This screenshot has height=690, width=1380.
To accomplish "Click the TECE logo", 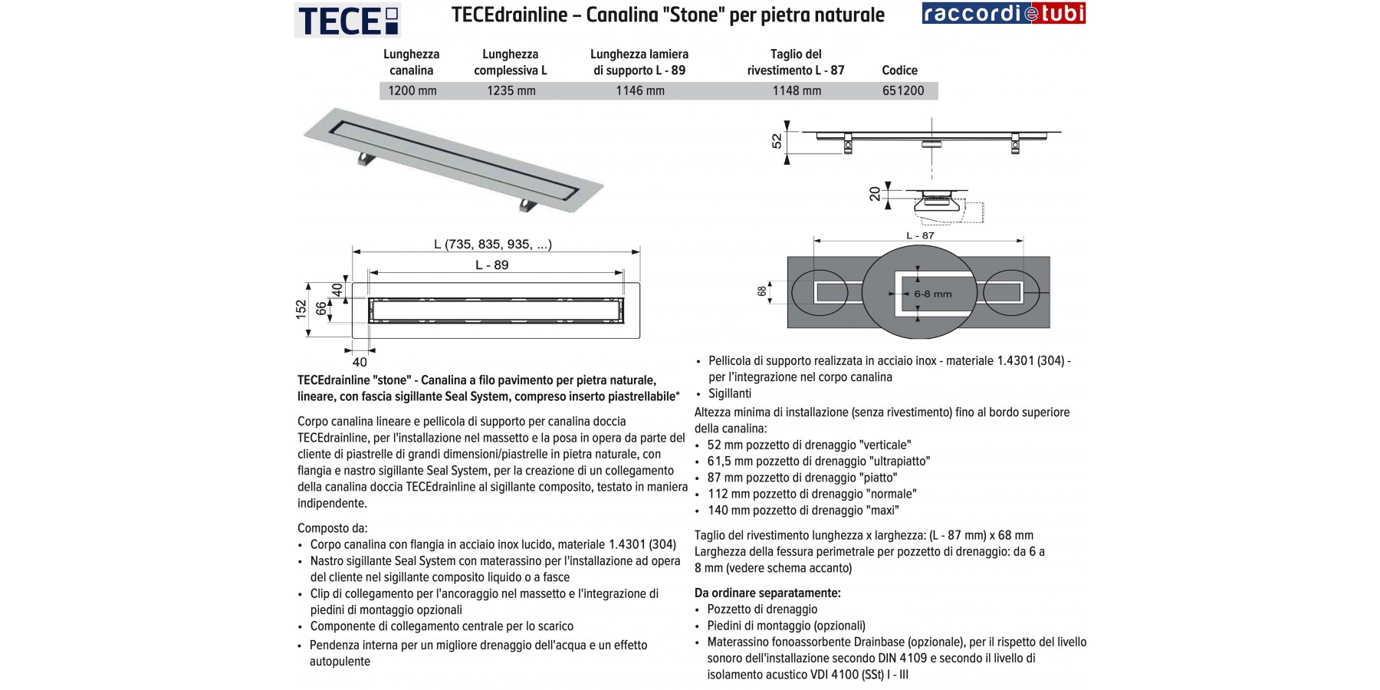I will pos(347,20).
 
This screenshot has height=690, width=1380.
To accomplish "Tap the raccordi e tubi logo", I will pos(1003,14).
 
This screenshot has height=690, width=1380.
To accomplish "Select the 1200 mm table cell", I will pos(412,90).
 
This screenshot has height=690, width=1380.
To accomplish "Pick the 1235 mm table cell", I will pos(511,90).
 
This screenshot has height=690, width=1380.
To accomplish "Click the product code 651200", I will pos(903,90).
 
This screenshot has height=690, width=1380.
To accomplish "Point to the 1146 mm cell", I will pos(640,90).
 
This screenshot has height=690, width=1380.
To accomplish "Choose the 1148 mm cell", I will pos(797,90).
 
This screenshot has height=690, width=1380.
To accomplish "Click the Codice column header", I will pos(899,71).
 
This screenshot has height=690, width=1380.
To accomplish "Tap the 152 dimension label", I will pos(301,308).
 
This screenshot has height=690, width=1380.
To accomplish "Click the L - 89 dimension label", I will pos(492,265).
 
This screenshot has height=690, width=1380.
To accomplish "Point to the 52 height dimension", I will pos(777,141).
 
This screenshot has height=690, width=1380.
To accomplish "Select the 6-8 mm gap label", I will pos(932,294).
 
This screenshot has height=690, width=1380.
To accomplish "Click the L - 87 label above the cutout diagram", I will pos(920,235).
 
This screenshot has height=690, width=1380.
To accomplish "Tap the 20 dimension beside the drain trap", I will pos(876,194).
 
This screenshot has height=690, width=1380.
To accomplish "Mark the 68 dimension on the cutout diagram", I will pos(762,291).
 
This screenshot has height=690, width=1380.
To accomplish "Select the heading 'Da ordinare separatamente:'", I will pos(767,593).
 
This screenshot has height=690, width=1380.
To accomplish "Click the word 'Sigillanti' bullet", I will pos(730,393).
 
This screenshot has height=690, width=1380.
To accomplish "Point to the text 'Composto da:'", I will pos(333,528).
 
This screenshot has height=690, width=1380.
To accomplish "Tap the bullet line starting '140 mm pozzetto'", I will pos(803,511).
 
